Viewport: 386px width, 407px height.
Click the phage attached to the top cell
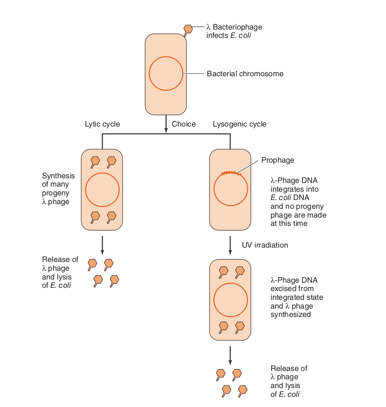188,30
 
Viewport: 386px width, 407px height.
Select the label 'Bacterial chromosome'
245,74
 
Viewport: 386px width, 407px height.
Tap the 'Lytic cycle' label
102,124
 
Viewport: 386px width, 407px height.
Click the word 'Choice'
184,124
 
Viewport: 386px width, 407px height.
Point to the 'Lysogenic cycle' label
239,124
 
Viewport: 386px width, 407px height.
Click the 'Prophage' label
277,160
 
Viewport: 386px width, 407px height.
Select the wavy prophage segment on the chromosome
231,173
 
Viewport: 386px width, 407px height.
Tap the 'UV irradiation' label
265,245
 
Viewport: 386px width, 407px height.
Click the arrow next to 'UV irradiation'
230,245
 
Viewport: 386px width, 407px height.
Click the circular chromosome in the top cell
166,74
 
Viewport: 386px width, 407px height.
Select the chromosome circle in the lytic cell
102,190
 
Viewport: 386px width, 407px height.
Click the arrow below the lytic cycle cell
102,245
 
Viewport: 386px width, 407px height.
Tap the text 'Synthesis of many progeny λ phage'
58,189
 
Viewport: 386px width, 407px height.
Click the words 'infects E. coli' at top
229,36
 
